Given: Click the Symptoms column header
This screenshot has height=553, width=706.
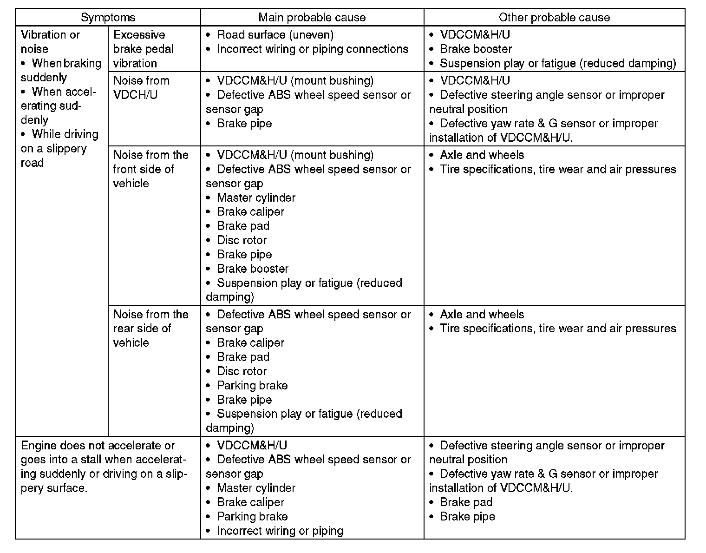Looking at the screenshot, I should pyautogui.click(x=108, y=18).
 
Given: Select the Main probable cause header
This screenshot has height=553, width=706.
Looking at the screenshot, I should pyautogui.click(x=312, y=18).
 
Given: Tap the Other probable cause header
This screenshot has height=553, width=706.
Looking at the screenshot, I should pyautogui.click(x=554, y=18).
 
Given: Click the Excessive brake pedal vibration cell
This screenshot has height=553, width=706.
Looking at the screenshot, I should pyautogui.click(x=144, y=49).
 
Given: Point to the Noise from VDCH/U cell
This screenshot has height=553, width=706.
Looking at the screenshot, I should pyautogui.click(x=142, y=88).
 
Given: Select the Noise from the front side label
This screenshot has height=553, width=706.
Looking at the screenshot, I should pyautogui.click(x=150, y=169).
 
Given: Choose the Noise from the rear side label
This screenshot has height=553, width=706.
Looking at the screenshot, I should pyautogui.click(x=150, y=329).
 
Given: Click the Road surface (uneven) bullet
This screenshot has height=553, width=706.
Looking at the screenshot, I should pyautogui.click(x=275, y=35).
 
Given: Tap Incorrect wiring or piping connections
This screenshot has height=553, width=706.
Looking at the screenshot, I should pyautogui.click(x=312, y=49).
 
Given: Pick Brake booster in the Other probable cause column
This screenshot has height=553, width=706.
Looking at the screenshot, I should pyautogui.click(x=476, y=49).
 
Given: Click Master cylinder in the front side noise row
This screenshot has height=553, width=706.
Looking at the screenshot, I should pyautogui.click(x=256, y=198).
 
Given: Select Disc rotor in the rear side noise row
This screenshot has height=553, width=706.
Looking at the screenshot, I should pyautogui.click(x=242, y=371).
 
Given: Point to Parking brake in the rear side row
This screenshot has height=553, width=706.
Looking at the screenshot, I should pyautogui.click(x=252, y=386).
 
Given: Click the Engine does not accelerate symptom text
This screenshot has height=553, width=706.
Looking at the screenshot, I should pyautogui.click(x=104, y=467).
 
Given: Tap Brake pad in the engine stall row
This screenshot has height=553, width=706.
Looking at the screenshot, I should pyautogui.click(x=466, y=502).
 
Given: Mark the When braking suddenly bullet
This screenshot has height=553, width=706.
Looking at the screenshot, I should pyautogui.click(x=61, y=70).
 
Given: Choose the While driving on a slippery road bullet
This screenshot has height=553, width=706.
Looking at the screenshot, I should pyautogui.click(x=59, y=148).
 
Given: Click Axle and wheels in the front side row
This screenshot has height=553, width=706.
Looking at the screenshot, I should pyautogui.click(x=482, y=155).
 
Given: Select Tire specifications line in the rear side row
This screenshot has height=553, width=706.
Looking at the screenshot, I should pyautogui.click(x=557, y=329).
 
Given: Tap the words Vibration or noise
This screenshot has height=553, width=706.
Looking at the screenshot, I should pyautogui.click(x=50, y=42).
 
